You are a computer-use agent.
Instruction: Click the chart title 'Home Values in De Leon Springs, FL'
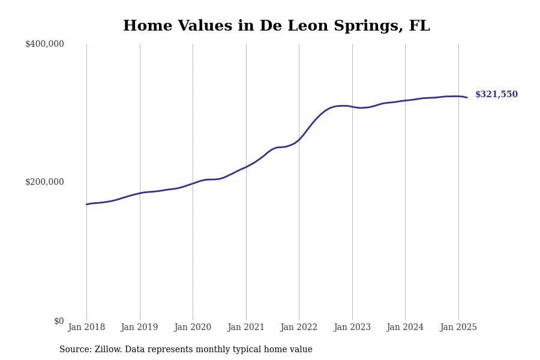pyautogui.click(x=276, y=26)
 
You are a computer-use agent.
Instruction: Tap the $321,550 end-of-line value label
pyautogui.click(x=496, y=95)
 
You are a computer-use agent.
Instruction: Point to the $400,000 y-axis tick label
pyautogui.click(x=44, y=44)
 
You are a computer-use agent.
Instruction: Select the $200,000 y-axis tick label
pyautogui.click(x=44, y=182)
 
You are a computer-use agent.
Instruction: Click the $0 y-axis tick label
pyautogui.click(x=59, y=321)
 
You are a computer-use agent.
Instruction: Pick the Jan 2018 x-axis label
pyautogui.click(x=86, y=328)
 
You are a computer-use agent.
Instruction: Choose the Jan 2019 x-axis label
pyautogui.click(x=139, y=328)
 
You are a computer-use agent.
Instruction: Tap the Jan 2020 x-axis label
pyautogui.click(x=193, y=328)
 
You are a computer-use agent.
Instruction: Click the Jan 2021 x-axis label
pyautogui.click(x=246, y=328)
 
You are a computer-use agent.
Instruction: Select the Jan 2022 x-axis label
pyautogui.click(x=299, y=328)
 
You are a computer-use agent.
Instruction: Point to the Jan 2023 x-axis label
pyautogui.click(x=352, y=328)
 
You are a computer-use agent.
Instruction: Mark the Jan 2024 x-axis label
pyautogui.click(x=405, y=328)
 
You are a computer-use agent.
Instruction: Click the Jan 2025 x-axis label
pyautogui.click(x=458, y=328)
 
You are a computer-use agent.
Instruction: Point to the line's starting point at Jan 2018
pyautogui.click(x=86, y=205)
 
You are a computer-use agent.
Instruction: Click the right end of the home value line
pyautogui.click(x=467, y=97)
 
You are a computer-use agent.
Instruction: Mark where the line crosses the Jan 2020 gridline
pyautogui.click(x=193, y=183)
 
